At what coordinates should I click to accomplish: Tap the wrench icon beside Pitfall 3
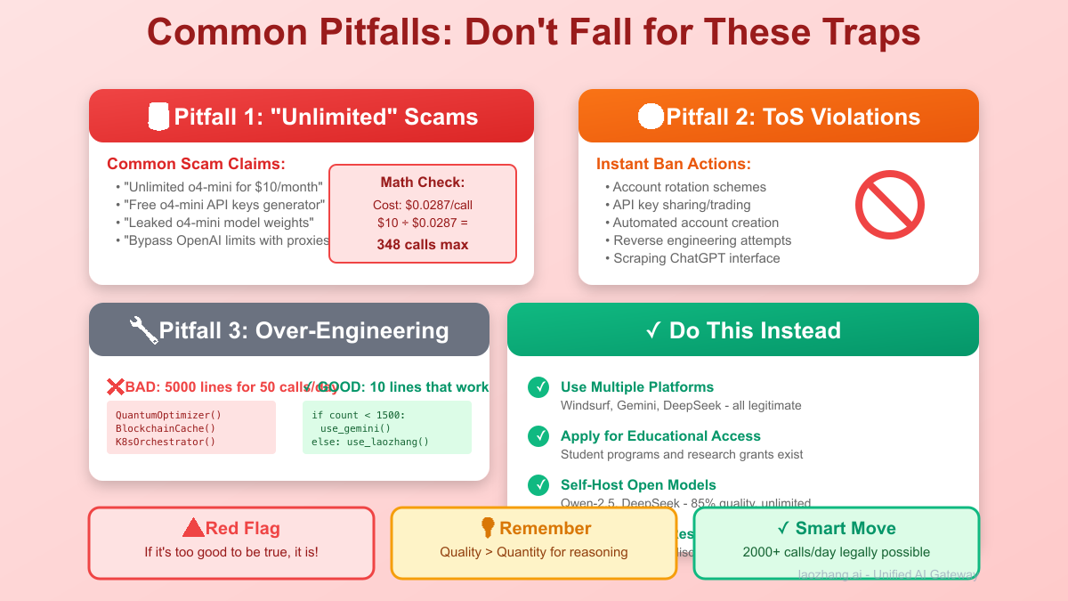143,330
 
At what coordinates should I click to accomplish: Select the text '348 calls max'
423,244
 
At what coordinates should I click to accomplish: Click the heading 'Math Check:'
423,183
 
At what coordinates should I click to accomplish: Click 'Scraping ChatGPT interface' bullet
696,258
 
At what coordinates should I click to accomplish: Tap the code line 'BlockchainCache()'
166,428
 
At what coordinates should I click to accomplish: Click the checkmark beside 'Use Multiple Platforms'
538,387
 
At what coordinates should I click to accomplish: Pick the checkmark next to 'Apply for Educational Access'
538,436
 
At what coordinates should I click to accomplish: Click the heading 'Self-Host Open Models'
638,485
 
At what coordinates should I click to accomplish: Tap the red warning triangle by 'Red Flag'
193,528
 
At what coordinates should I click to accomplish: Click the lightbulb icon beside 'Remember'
488,528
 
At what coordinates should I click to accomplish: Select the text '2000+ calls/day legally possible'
836,552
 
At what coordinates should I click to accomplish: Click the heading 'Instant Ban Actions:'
673,164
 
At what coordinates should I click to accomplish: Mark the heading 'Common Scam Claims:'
196,164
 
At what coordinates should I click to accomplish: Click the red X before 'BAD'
116,386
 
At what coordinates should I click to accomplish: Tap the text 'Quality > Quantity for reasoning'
533,552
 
